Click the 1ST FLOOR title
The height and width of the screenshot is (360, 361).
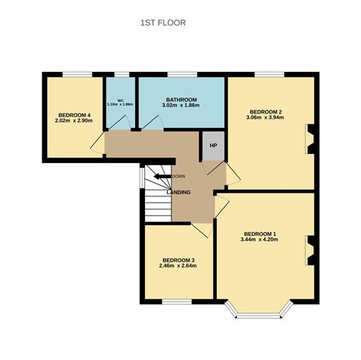[x=163, y=23]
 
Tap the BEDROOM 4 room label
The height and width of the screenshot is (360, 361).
[x=74, y=115]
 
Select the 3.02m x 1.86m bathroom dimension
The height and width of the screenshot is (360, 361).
[x=181, y=106]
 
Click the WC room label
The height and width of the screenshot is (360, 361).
[x=121, y=101]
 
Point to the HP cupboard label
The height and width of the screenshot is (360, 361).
[x=213, y=145]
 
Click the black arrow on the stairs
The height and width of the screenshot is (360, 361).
[x=162, y=177]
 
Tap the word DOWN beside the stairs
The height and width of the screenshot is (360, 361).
[x=179, y=177]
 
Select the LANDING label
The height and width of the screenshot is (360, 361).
[x=179, y=192]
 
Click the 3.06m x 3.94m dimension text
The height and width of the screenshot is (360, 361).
[x=265, y=118]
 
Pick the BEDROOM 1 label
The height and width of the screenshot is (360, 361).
[x=260, y=234]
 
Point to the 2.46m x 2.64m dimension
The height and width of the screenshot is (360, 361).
[x=178, y=266]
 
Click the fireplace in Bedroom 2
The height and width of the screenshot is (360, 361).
[x=309, y=139]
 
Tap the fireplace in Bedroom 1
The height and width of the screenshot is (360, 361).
[x=309, y=251]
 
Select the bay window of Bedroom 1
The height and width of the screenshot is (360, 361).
[x=258, y=314]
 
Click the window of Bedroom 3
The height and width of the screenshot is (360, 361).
[x=177, y=302]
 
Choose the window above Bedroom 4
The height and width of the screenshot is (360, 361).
[x=78, y=75]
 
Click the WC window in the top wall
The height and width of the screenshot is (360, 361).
[x=122, y=75]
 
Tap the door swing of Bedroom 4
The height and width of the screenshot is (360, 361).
[x=98, y=143]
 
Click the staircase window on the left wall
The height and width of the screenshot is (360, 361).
[x=142, y=177]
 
